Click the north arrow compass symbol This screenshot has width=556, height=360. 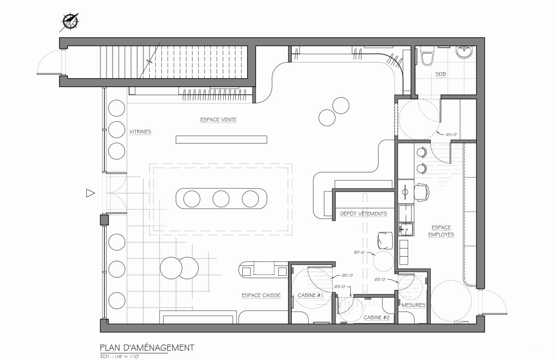(x=70, y=21)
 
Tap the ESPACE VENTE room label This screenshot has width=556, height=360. (x=218, y=120)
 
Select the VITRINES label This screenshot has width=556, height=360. (x=140, y=132)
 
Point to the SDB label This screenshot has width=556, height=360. (x=441, y=74)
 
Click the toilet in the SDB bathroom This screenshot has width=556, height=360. (x=428, y=56)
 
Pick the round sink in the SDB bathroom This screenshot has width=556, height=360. (x=464, y=52)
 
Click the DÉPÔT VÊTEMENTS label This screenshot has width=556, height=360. (x=364, y=214)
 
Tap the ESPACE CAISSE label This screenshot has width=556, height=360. (x=261, y=295)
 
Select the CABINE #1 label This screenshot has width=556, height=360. (x=310, y=295)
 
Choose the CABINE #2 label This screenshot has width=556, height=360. (x=376, y=317)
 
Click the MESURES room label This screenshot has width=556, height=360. (x=413, y=305)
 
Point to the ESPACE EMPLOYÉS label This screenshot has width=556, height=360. (x=441, y=231)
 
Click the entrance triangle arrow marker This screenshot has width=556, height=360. (x=90, y=193)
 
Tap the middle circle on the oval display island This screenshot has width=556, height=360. (x=221, y=199)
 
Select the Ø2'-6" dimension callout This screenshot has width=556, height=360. (x=359, y=253)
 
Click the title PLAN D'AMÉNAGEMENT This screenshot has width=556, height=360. (x=147, y=347)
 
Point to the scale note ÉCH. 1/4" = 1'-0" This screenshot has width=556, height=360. (x=120, y=356)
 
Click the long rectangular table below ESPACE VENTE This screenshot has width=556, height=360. (x=221, y=139)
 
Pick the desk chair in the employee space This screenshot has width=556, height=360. (x=422, y=193)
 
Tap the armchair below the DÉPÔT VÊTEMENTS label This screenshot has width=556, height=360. (x=385, y=240)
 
